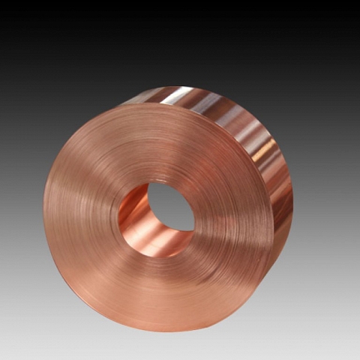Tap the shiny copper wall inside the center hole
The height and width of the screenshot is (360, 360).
coord(138,217)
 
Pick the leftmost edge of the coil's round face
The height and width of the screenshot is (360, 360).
coord(43,217)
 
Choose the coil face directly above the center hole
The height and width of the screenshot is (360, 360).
coord(161,142)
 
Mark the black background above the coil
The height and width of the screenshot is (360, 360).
coord(180,37)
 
